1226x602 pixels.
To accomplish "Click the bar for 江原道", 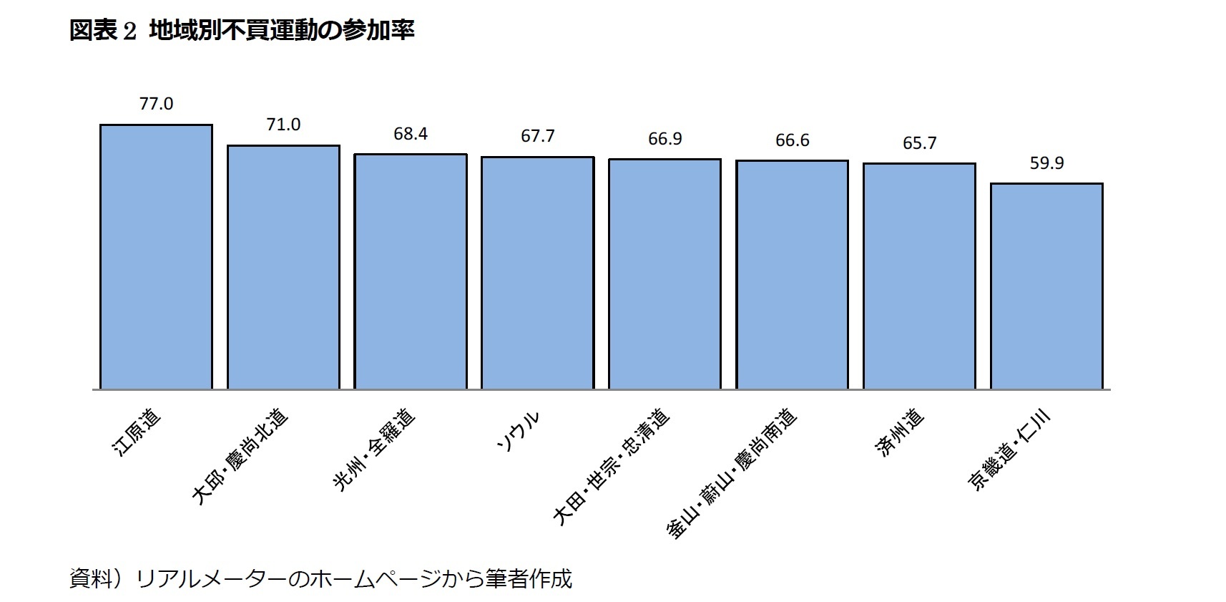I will [x=156, y=257].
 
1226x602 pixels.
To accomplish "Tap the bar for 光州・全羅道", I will [x=411, y=271].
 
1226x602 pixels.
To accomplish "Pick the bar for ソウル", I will [x=537, y=273].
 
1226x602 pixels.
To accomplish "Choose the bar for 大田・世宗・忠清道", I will [x=665, y=274].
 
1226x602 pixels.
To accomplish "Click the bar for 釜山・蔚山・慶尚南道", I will [x=792, y=275].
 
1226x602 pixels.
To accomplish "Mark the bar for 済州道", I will [x=919, y=276].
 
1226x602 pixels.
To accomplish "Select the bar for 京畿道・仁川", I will [x=1046, y=286].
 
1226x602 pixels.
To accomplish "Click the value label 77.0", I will [x=156, y=104].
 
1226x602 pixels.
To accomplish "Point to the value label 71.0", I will [x=283, y=125].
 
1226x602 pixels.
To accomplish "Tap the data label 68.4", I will [x=411, y=134].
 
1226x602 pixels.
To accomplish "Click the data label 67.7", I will [x=537, y=136].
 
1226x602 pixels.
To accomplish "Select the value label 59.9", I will [x=1046, y=163].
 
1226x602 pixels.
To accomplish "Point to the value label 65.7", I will [x=919, y=143].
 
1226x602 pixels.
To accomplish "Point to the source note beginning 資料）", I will [x=320, y=578].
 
